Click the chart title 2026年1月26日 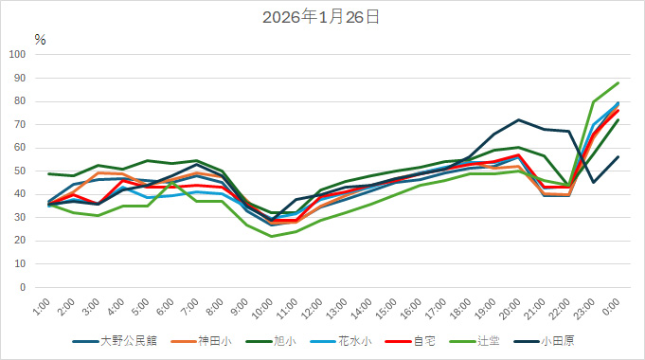(x=322, y=17)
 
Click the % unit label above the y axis (x=40, y=39)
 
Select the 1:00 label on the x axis (x=41, y=308)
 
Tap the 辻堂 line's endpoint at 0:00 (x=618, y=82)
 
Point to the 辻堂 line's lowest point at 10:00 (x=272, y=236)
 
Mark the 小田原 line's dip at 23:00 (x=593, y=182)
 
